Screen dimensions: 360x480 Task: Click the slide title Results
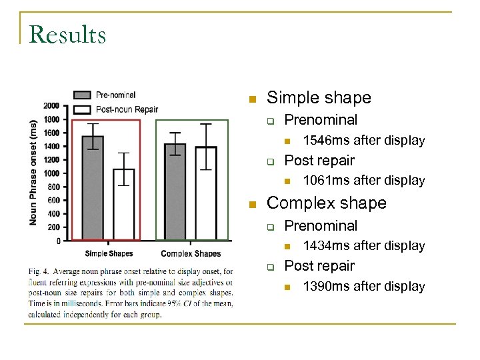[67, 34]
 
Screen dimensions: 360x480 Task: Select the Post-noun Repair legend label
[127, 109]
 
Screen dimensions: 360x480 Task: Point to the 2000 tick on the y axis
[51, 105]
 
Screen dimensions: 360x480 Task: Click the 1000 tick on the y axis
[51, 173]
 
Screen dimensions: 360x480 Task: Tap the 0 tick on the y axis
[57, 241]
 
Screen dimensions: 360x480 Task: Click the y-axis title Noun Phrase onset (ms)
[34, 172]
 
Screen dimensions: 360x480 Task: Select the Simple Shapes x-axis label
[109, 253]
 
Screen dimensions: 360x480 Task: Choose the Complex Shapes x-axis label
[191, 253]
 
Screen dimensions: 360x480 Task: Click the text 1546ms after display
[363, 140]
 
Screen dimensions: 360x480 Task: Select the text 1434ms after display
[363, 245]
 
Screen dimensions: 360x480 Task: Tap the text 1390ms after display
[363, 286]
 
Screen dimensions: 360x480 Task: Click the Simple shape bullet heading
[319, 98]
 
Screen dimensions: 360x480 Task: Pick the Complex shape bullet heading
[326, 203]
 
